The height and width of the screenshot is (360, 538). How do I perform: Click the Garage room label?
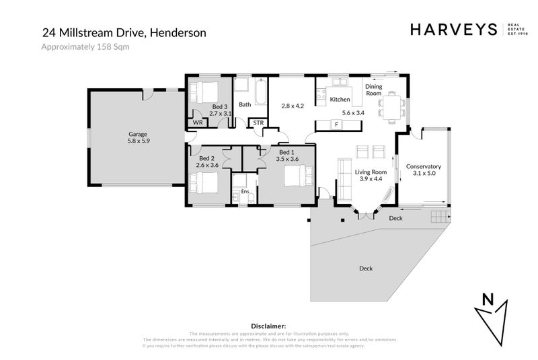pyautogui.click(x=137, y=134)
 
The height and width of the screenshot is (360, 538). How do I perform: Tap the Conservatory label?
pyautogui.click(x=423, y=166)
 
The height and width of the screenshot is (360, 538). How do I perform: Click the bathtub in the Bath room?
pyautogui.click(x=259, y=90)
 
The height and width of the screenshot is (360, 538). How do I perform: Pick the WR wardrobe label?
pyautogui.click(x=198, y=122)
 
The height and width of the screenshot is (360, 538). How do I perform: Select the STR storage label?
pyautogui.click(x=258, y=122)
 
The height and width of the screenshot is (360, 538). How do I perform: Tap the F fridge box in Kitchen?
pyautogui.click(x=337, y=124)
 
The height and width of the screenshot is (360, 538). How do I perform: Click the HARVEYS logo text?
pyautogui.click(x=453, y=30)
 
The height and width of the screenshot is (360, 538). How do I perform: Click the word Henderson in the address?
pyautogui.click(x=178, y=32)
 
